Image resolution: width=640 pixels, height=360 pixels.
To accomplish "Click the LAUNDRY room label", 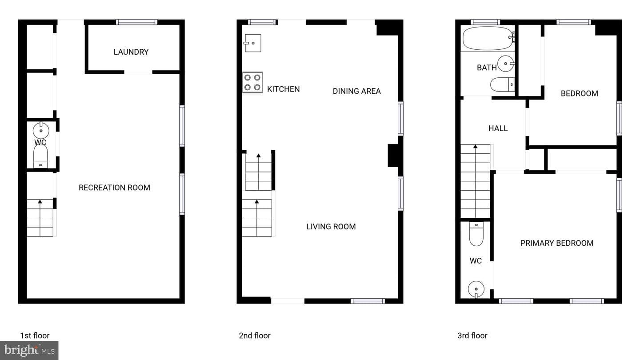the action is pyautogui.click(x=131, y=52).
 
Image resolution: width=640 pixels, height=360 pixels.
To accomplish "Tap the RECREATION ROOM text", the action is pyautogui.click(x=114, y=188).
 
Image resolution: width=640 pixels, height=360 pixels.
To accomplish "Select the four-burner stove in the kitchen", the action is pyautogui.click(x=252, y=82).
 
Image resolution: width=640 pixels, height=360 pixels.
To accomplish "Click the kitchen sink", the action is pyautogui.click(x=253, y=43).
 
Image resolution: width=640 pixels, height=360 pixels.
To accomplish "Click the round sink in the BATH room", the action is pyautogui.click(x=505, y=64).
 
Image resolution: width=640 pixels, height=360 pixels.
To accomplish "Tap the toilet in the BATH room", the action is pyautogui.click(x=503, y=84).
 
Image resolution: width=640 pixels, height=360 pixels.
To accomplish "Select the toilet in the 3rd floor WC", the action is pyautogui.click(x=476, y=234).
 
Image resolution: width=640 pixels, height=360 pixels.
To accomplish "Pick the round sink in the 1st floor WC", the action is pyautogui.click(x=41, y=130).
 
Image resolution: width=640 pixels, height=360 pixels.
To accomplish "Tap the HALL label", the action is pyautogui.click(x=498, y=128).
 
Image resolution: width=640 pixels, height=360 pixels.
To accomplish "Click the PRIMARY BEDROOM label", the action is pyautogui.click(x=556, y=243).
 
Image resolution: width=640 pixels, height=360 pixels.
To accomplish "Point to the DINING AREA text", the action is pyautogui.click(x=356, y=91).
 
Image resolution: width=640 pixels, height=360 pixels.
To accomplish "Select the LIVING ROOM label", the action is pyautogui.click(x=331, y=227).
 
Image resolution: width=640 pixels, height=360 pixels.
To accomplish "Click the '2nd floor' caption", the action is pyautogui.click(x=255, y=336).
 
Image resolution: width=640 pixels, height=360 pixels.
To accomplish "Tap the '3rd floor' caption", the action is pyautogui.click(x=472, y=336).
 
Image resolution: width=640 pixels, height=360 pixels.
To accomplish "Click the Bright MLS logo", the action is pyautogui.click(x=29, y=350).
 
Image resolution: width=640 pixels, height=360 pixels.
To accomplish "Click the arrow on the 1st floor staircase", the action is pyautogui.click(x=40, y=218).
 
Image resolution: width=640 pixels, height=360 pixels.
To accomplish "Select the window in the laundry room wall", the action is pyautogui.click(x=136, y=22).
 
